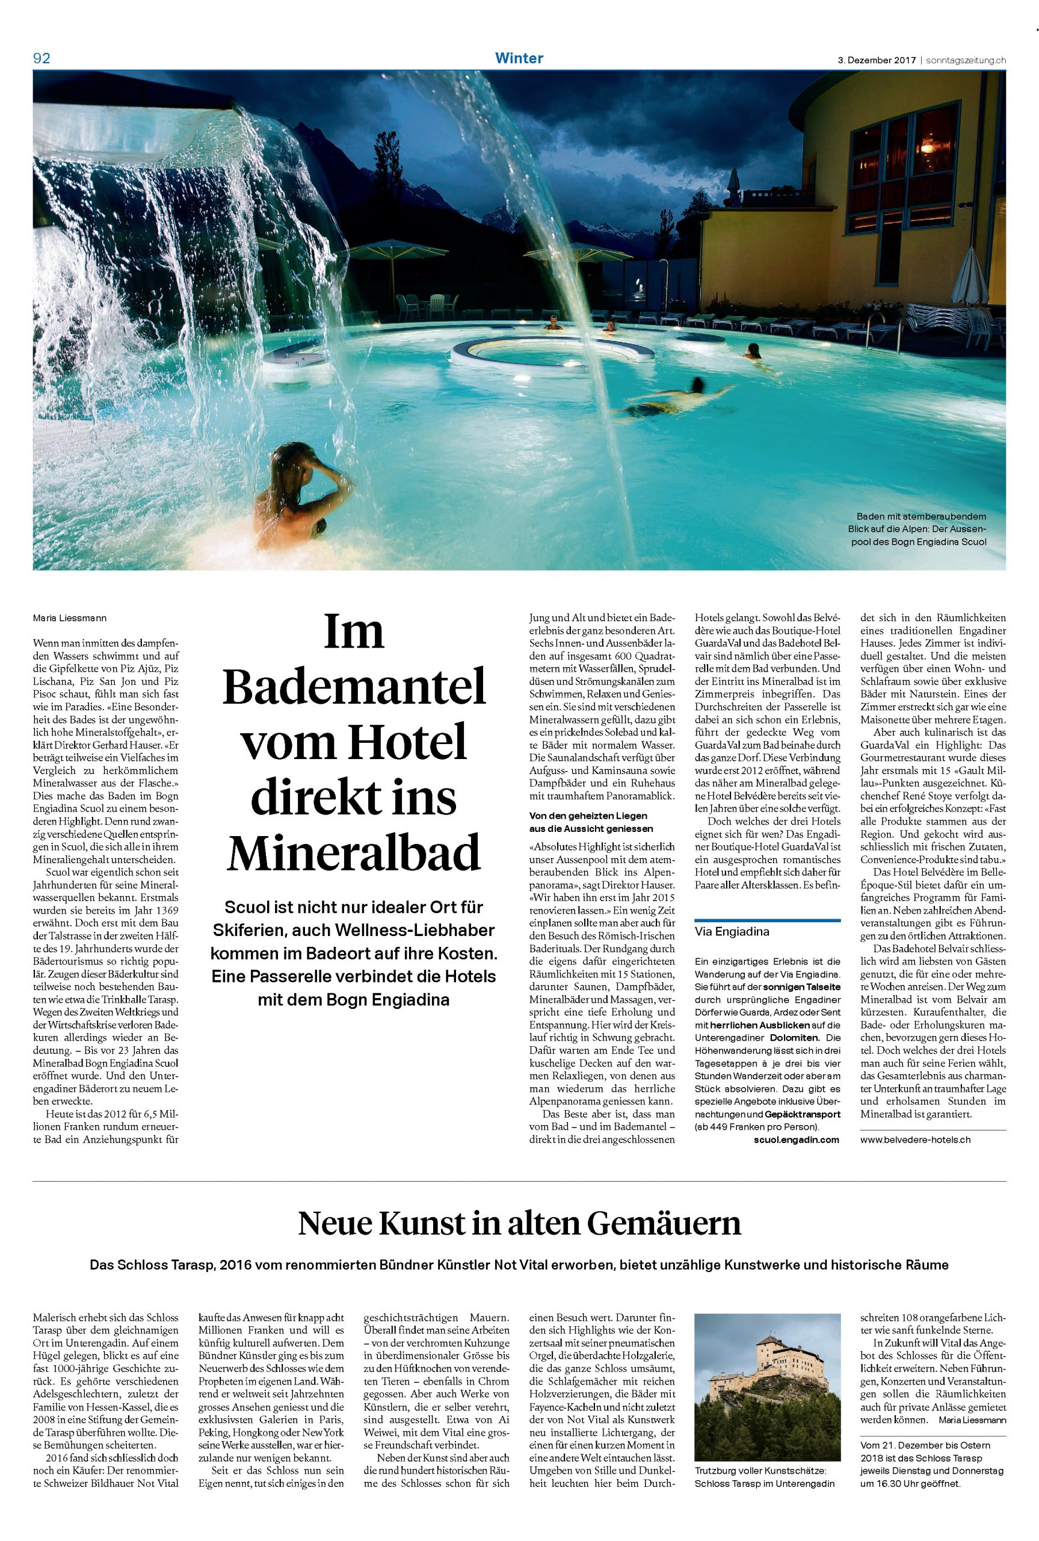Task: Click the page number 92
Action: click(x=42, y=58)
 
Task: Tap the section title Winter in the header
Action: click(x=519, y=58)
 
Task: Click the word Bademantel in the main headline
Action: click(x=354, y=688)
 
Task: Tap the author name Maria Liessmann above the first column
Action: click(x=70, y=618)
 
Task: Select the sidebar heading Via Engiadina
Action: click(x=732, y=931)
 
